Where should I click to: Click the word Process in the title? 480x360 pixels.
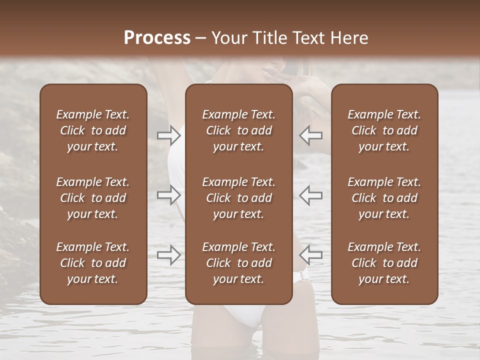[x=157, y=37]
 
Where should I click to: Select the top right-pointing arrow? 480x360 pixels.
[x=168, y=135]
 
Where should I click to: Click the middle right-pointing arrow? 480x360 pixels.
[x=168, y=194]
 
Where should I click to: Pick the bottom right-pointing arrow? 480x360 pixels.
[x=168, y=254]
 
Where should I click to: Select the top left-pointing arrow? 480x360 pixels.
[x=311, y=135]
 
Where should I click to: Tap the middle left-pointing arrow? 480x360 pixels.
[x=311, y=194]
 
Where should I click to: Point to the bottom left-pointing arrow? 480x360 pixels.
[x=311, y=254]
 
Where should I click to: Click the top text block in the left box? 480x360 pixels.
[x=93, y=130]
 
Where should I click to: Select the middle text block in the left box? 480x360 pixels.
[x=93, y=198]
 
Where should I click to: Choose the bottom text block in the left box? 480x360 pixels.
[x=93, y=263]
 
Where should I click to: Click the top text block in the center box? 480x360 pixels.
[x=239, y=130]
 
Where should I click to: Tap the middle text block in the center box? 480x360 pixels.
[x=239, y=198]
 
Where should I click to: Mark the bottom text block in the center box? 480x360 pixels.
[x=239, y=263]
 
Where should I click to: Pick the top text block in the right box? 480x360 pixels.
[x=384, y=130]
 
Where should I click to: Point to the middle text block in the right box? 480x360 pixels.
[x=384, y=198]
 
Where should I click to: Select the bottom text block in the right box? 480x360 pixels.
[x=384, y=263]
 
